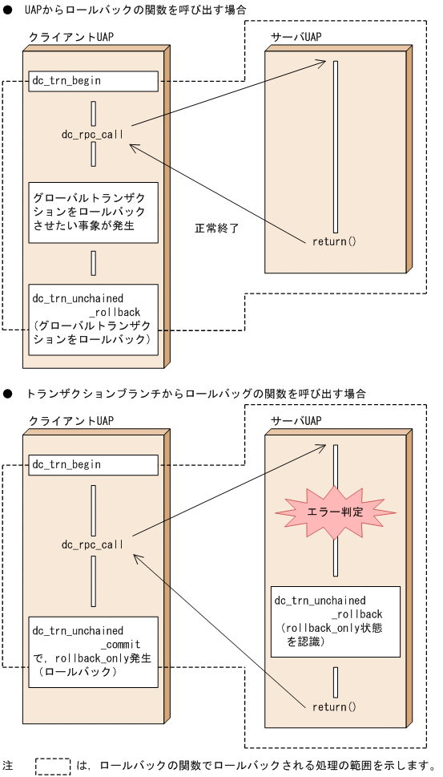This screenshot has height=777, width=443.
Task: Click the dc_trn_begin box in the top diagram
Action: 93,81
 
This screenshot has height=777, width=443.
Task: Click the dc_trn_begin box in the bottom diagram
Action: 93,465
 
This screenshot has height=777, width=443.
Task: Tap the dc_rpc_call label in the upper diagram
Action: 92,134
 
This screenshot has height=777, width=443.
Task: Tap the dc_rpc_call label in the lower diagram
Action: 92,545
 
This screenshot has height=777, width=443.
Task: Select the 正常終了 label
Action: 217,228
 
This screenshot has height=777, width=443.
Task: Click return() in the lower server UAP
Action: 333,707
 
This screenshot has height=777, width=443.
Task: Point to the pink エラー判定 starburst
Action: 335,508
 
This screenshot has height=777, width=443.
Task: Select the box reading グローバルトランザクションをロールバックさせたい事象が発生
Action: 93,211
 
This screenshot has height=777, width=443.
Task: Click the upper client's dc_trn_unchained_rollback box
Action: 93,318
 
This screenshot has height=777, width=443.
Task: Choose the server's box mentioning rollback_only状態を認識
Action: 334,621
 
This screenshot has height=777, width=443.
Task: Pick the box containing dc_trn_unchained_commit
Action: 93,651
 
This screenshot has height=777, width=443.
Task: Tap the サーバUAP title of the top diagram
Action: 297,38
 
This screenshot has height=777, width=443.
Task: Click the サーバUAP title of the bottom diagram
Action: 297,421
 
